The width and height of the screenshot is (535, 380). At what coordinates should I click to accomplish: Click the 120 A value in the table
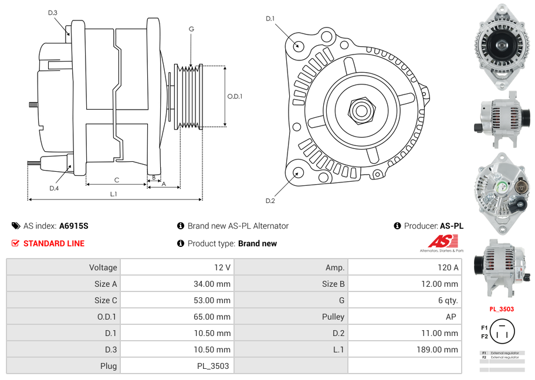click(448, 267)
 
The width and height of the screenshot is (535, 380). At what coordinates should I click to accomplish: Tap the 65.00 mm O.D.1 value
click(214, 317)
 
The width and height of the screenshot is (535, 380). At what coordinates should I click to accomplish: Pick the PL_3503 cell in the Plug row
click(214, 366)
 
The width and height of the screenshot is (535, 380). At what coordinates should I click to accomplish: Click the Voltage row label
click(103, 267)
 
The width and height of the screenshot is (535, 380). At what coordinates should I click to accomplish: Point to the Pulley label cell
click(333, 317)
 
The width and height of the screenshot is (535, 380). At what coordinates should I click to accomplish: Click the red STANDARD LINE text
click(54, 243)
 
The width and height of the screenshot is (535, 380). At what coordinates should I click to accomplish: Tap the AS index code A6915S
click(74, 226)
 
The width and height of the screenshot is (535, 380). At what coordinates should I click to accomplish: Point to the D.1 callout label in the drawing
click(270, 19)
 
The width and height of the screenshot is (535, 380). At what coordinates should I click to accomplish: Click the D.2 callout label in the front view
click(270, 201)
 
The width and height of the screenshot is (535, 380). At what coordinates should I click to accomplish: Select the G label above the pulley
click(191, 29)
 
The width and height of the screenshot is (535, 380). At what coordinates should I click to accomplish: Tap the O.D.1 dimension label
click(235, 97)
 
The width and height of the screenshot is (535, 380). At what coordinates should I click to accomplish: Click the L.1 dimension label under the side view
click(114, 194)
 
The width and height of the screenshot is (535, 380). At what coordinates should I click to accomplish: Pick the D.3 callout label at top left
click(53, 12)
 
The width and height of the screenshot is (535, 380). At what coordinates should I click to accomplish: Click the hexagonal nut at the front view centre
click(361, 110)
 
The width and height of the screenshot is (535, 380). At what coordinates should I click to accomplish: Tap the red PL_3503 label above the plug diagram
click(502, 309)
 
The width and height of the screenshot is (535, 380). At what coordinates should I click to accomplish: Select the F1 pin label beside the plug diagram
click(484, 327)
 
